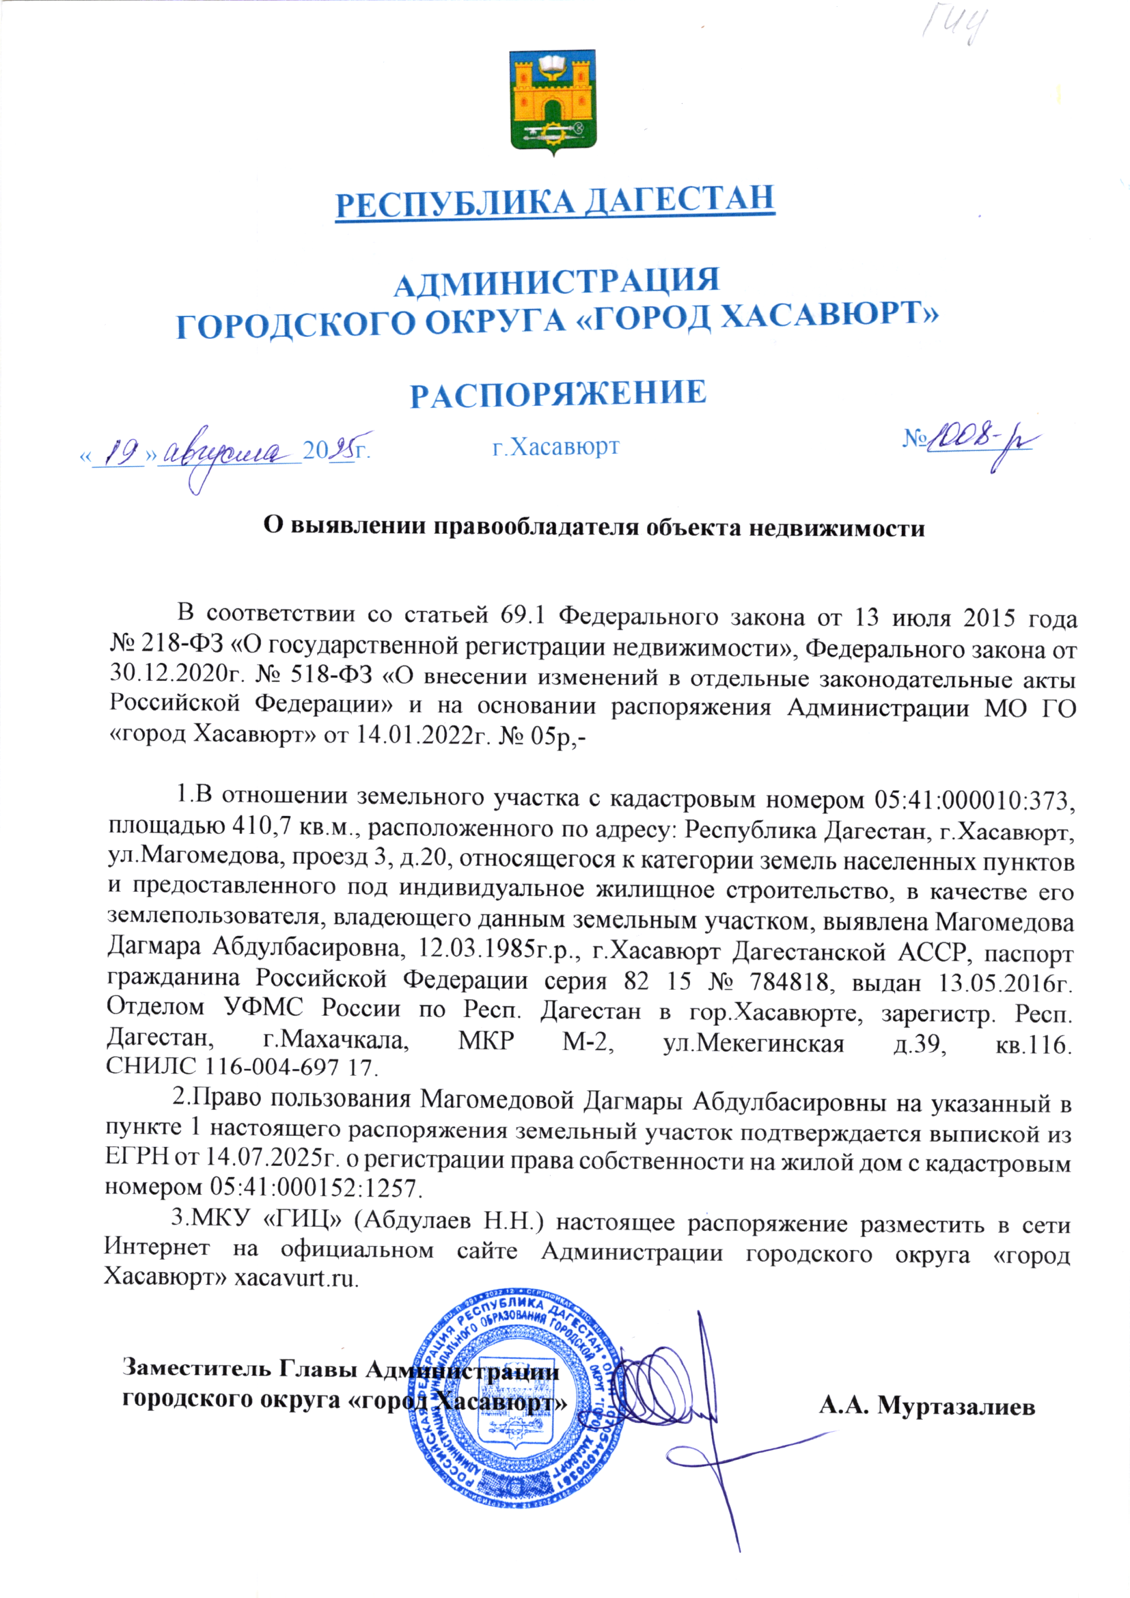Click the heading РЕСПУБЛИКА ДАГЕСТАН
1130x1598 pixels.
click(x=555, y=201)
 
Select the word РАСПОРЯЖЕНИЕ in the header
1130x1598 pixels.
click(x=558, y=394)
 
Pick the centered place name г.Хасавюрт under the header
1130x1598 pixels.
click(x=555, y=446)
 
